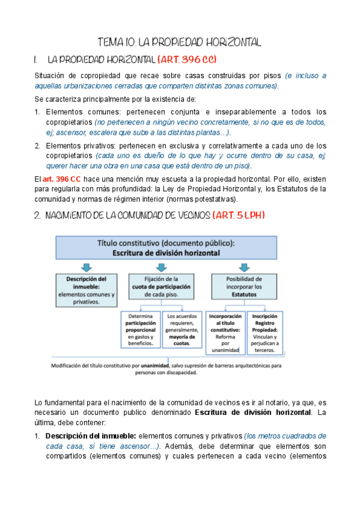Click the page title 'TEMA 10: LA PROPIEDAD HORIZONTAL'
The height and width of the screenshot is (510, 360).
180,43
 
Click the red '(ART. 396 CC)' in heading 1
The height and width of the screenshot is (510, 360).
187,60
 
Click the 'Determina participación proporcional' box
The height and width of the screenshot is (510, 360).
141,330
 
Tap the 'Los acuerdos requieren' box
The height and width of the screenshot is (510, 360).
182,330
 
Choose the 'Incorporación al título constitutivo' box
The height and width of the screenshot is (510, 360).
224,333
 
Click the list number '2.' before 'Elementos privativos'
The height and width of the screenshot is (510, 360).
37,146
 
